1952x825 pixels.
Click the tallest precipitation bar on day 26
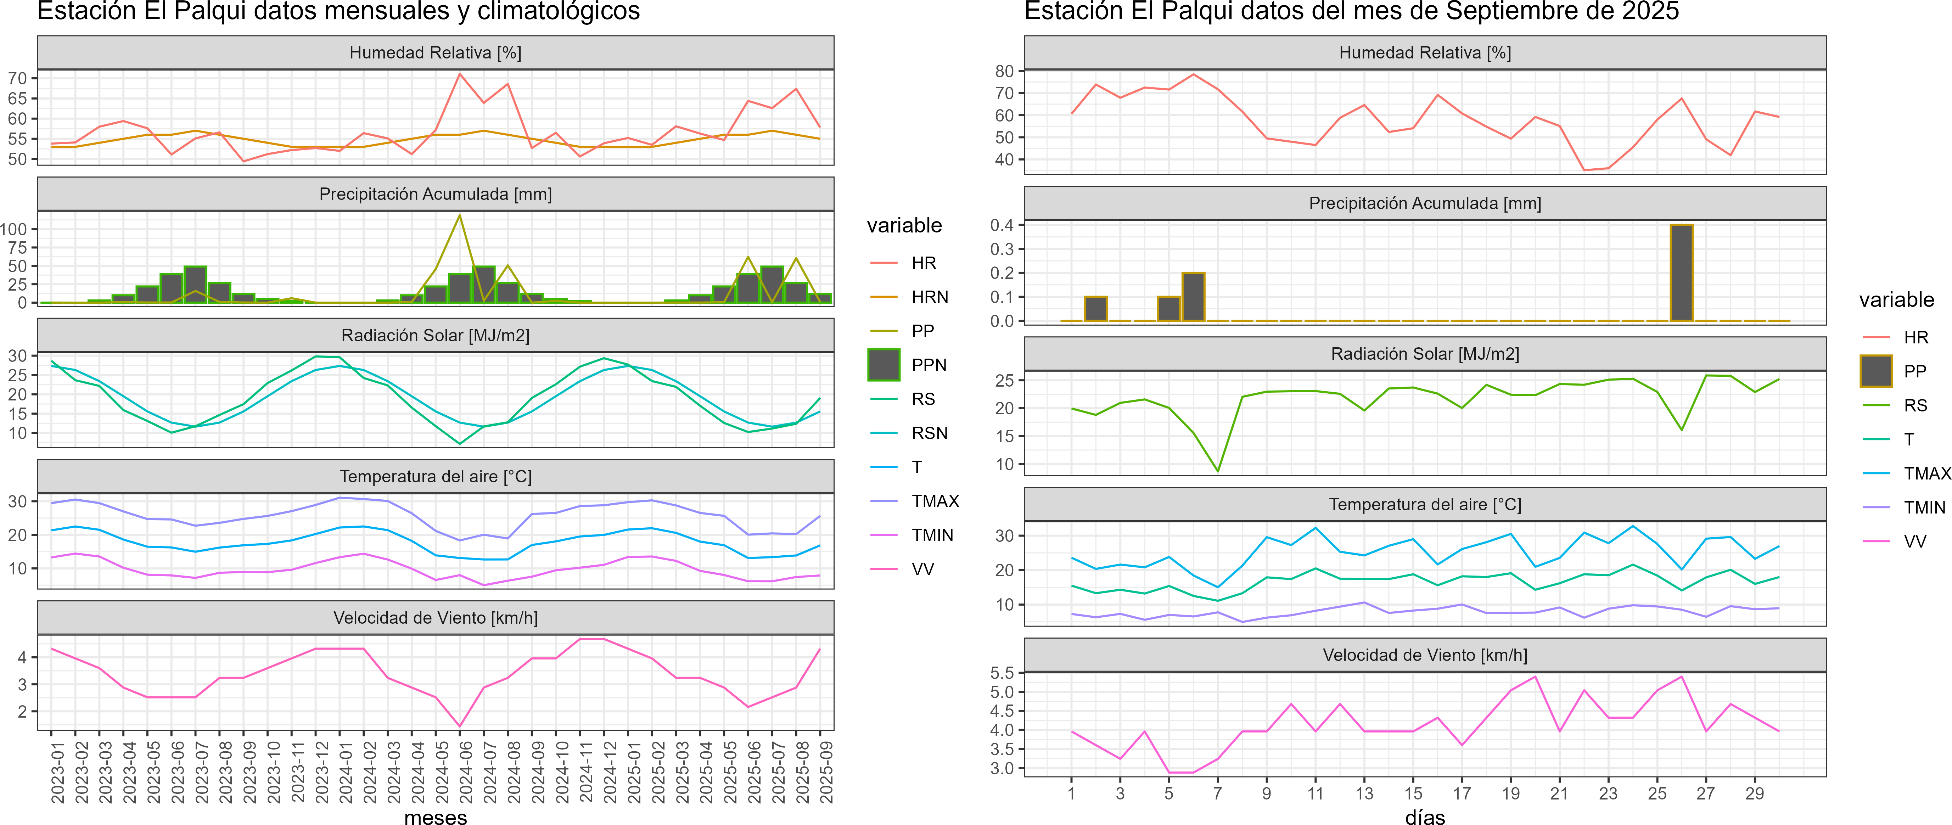pyautogui.click(x=1682, y=273)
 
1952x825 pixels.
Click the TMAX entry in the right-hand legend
pyautogui.click(x=1926, y=473)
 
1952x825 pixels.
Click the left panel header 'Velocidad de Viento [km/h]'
pyautogui.click(x=436, y=618)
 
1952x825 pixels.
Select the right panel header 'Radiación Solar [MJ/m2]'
pyautogui.click(x=1425, y=354)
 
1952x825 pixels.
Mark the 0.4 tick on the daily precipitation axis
pyautogui.click(x=1002, y=225)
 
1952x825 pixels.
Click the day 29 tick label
pyautogui.click(x=1754, y=793)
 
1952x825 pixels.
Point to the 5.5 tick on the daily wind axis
pyautogui.click(x=1002, y=673)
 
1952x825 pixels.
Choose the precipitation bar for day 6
pyautogui.click(x=1194, y=297)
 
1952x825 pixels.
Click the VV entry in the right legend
pyautogui.click(x=1915, y=541)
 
